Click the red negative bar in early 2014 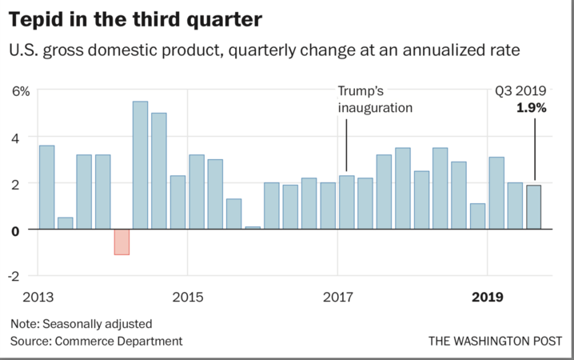(x=122, y=242)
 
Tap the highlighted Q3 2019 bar (x=533, y=207)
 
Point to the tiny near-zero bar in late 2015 (x=252, y=227)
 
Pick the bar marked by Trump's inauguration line (x=346, y=202)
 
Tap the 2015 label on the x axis (x=187, y=298)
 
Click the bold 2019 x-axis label (x=487, y=298)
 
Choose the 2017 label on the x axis (x=337, y=298)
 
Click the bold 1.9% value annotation (x=531, y=107)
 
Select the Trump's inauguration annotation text (x=375, y=99)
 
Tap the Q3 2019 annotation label (x=520, y=91)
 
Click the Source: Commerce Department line (x=96, y=341)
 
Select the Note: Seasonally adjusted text (x=81, y=324)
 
